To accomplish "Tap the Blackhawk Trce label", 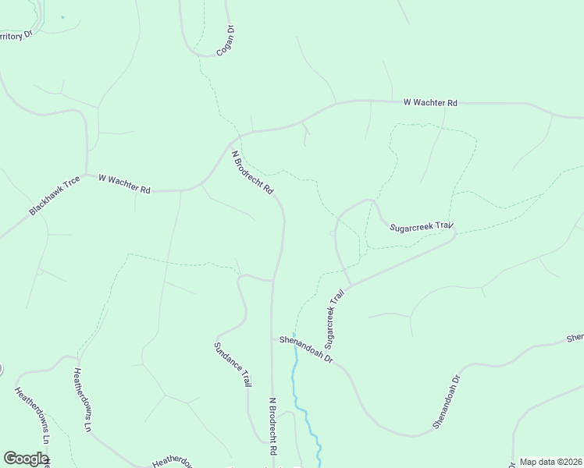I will pyautogui.click(x=55, y=196).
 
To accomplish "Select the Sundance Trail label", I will pyautogui.click(x=233, y=364).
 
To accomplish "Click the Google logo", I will pyautogui.click(x=26, y=459).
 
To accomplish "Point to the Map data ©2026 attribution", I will pyautogui.click(x=550, y=462).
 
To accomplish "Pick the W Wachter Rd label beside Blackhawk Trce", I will pyautogui.click(x=124, y=183).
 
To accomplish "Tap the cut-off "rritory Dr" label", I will pyautogui.click(x=19, y=36).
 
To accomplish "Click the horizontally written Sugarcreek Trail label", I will pyautogui.click(x=422, y=226).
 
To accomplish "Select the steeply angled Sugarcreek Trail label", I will pyautogui.click(x=334, y=319).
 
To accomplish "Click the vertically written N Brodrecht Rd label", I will pyautogui.click(x=273, y=427).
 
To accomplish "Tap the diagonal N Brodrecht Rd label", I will pyautogui.click(x=252, y=172).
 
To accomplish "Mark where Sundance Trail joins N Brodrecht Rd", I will pyautogui.click(x=272, y=279).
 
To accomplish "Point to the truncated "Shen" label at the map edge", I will pyautogui.click(x=575, y=337).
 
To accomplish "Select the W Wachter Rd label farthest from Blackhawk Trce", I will pyautogui.click(x=430, y=102).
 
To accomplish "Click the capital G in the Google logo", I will pyautogui.click(x=10, y=459).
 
